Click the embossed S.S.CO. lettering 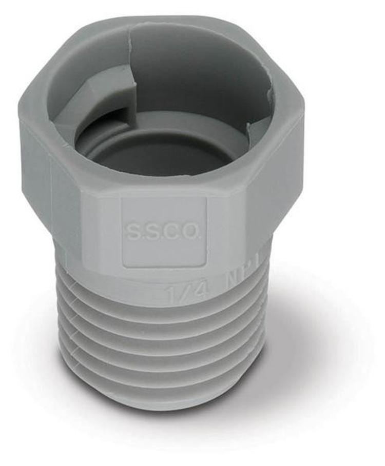164,232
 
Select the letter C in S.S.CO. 175,232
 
